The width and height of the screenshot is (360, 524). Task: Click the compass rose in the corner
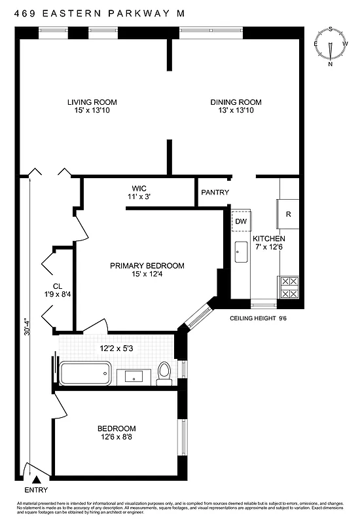(331, 47)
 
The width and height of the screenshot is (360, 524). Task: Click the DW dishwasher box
(241, 222)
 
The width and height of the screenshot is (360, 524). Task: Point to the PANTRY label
(215, 193)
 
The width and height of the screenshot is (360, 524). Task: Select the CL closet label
(57, 290)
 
